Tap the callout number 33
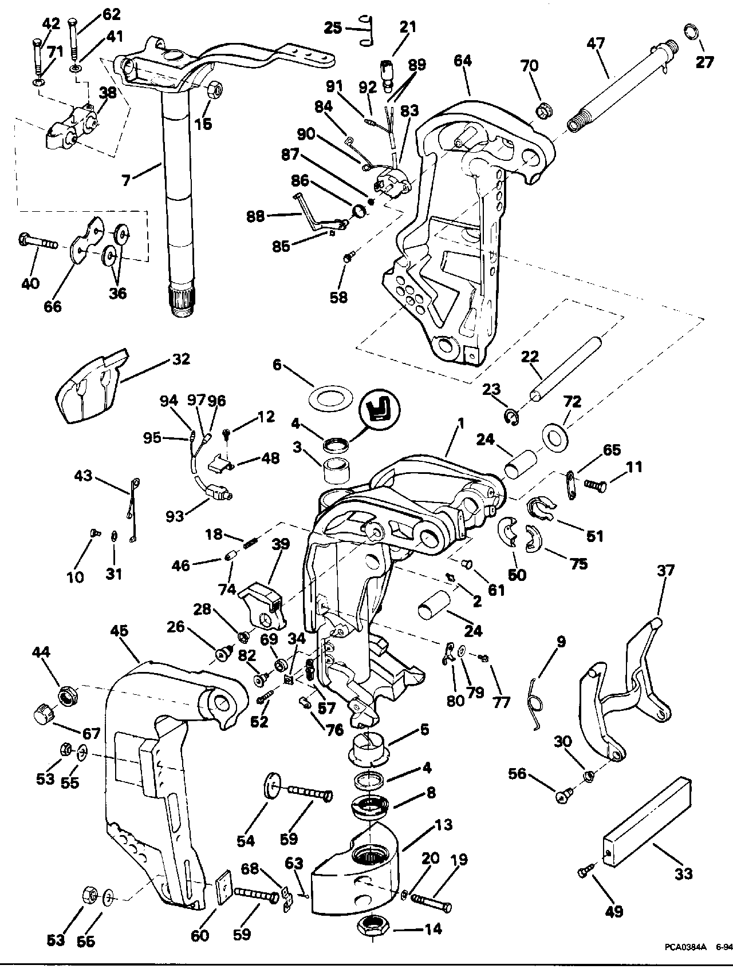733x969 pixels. click(x=683, y=873)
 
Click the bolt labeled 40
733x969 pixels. click(x=37, y=242)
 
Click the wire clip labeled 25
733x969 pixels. click(x=366, y=29)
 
